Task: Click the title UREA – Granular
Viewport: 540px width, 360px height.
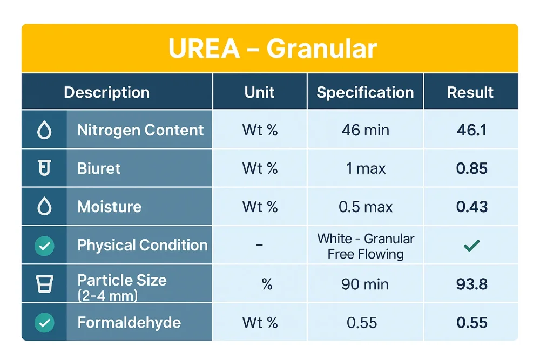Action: point(273,49)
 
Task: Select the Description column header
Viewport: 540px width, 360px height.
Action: point(106,92)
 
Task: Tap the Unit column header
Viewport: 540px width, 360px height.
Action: point(260,92)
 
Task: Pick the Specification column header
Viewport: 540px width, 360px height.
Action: point(365,92)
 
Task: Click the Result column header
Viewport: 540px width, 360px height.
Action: point(470,92)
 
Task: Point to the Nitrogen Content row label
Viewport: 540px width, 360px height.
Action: point(140,130)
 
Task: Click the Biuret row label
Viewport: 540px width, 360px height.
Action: point(99,168)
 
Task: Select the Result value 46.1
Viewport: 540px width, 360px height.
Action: point(471,130)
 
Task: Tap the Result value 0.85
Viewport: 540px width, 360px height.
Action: point(471,168)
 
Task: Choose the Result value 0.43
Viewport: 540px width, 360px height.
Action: point(471,207)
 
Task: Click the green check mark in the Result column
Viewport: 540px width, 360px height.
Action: point(471,246)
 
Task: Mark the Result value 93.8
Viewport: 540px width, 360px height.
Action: point(471,284)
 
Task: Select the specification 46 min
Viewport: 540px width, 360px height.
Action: point(365,130)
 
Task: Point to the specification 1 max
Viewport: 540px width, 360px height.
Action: point(365,168)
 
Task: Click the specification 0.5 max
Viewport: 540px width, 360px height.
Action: point(365,207)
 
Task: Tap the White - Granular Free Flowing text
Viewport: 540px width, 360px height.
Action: point(366,246)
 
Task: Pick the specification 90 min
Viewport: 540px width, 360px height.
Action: point(365,284)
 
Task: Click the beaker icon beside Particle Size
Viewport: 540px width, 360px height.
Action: point(44,284)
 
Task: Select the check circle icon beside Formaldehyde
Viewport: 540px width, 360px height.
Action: point(44,323)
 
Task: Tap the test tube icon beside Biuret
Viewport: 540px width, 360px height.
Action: point(44,168)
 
